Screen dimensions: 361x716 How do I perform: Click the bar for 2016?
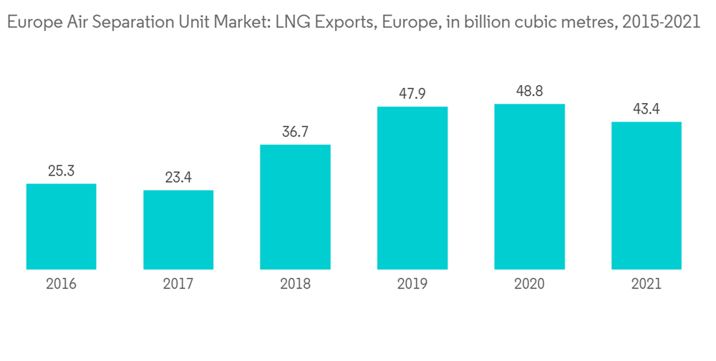(x=61, y=226)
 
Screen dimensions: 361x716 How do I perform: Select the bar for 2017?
(x=178, y=230)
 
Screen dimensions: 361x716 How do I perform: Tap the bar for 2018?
(x=295, y=207)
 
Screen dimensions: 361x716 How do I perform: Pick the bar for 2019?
(x=412, y=188)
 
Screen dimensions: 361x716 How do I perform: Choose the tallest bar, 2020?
(x=529, y=186)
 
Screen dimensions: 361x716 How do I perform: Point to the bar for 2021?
(x=646, y=196)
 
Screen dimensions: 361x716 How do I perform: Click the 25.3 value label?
(x=61, y=171)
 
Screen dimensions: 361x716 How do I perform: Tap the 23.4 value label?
(x=178, y=178)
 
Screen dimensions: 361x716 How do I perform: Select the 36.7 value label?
(x=295, y=133)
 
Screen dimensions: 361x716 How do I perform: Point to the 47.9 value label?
(x=412, y=94)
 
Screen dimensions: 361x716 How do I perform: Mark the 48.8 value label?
(x=529, y=91)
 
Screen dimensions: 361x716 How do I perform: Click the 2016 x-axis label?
(x=61, y=284)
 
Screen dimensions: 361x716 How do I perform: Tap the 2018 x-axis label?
(x=295, y=284)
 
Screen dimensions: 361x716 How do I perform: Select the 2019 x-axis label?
(x=412, y=284)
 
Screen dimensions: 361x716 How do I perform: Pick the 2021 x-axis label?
(x=646, y=284)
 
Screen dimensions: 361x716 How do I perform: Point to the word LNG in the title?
(x=296, y=22)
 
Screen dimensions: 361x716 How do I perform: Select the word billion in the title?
(x=479, y=22)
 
